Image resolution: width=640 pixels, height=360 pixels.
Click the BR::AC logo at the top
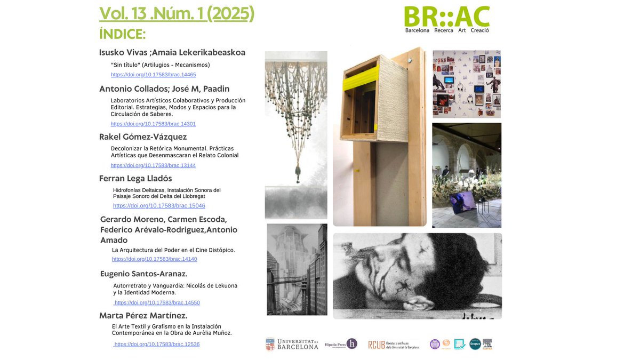pos(446,19)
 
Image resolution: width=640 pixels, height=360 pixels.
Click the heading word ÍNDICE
pos(123,34)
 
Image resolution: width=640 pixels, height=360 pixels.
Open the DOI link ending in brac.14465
pos(153,75)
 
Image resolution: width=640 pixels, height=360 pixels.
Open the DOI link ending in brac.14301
pos(153,124)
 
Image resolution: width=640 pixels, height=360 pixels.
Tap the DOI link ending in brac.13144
pos(153,165)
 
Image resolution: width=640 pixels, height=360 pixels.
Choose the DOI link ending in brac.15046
pos(159,205)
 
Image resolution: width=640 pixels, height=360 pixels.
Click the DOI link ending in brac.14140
pos(154,259)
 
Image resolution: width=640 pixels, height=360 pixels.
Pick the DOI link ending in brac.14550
pos(157,302)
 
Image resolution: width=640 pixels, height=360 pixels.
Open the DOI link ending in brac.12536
pos(157,344)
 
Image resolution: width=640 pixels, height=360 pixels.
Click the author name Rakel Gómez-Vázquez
pos(143,137)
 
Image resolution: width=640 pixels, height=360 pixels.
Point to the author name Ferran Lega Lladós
pos(135,178)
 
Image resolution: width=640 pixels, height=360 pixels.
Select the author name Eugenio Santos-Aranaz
pos(143,274)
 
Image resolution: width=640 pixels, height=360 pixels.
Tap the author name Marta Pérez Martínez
pos(143,316)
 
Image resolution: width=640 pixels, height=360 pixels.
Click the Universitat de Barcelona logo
pos(292,344)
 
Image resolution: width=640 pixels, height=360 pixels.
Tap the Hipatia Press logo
pos(341,344)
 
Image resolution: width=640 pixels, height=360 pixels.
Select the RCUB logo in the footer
pos(393,345)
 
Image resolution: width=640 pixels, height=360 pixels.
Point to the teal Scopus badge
pos(475,344)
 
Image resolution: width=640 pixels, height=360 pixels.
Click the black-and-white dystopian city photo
pos(297,269)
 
